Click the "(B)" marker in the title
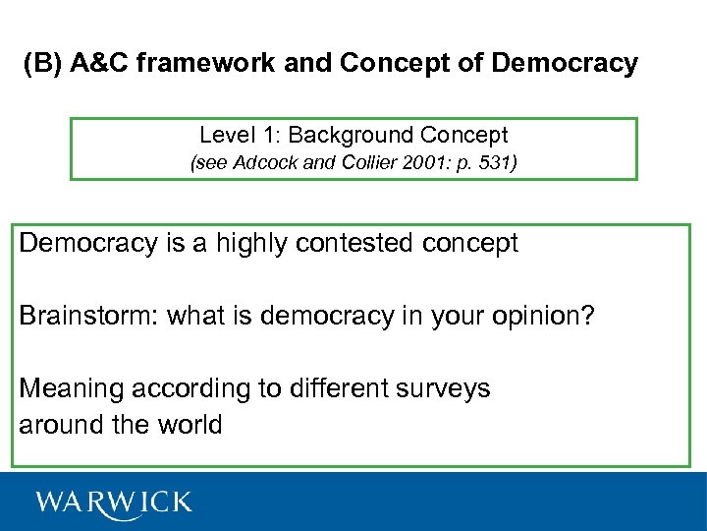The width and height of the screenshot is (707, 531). point(42,65)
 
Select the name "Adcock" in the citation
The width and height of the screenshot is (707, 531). point(266,163)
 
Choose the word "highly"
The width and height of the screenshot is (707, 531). point(238,244)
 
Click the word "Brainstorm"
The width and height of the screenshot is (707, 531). point(88,317)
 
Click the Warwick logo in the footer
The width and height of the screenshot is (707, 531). point(114,502)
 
